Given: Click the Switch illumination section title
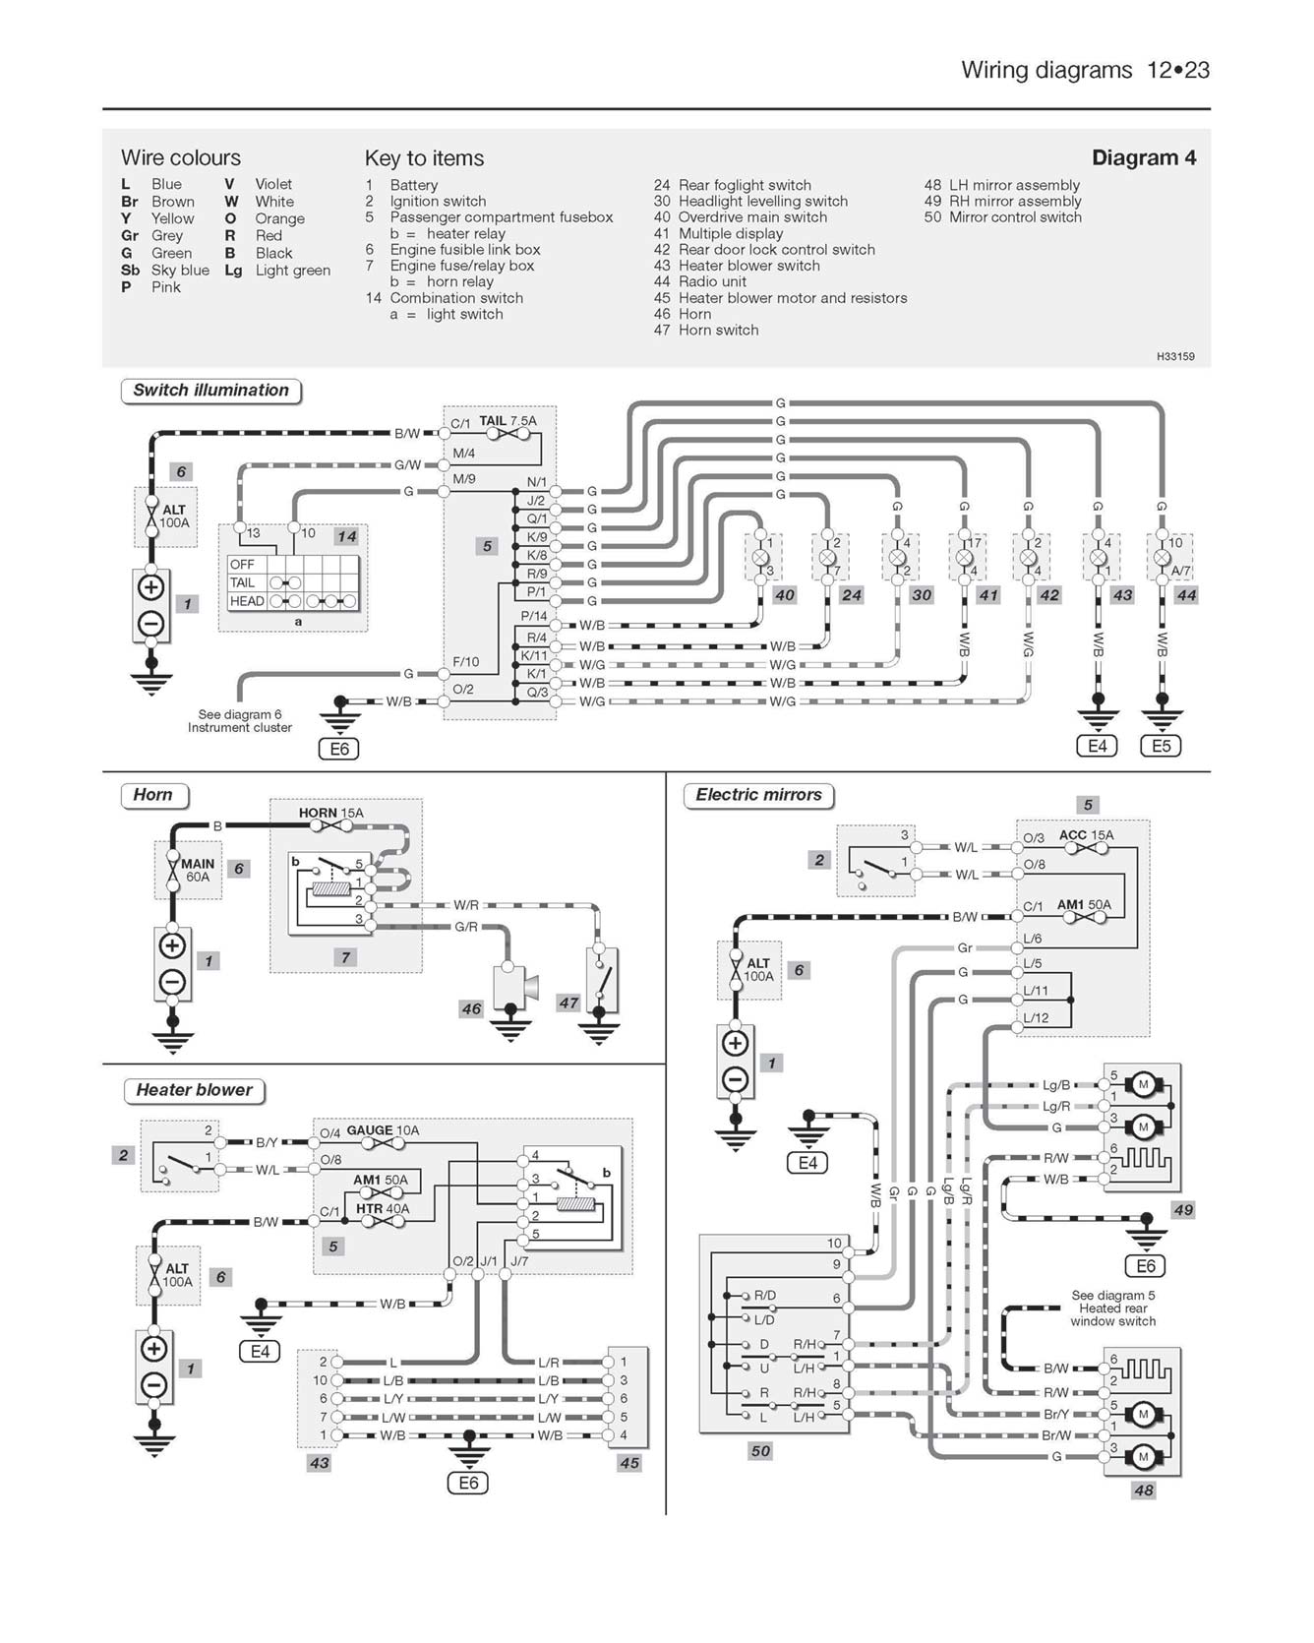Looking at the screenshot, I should coord(210,391).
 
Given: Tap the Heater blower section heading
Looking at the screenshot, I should coord(194,1090).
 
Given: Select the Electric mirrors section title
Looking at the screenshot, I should coord(758,795).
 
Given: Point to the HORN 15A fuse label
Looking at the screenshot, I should coord(330,813).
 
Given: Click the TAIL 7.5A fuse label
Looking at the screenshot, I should coord(508,421).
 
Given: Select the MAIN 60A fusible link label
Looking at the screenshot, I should coord(197,870).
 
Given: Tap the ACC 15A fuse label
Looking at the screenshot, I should coord(1086,835).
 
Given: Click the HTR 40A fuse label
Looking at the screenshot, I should coord(383,1208).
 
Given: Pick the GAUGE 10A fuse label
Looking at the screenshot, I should coord(383,1130).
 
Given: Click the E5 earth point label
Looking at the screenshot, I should coord(1161,746).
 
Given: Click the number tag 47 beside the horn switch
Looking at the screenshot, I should coord(568,1003).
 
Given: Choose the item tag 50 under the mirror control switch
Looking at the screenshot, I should coord(760,1450).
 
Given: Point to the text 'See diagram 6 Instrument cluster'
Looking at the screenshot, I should coord(240,721).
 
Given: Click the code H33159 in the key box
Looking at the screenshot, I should coord(1175,356).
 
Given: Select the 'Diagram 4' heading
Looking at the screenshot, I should coord(1144,157).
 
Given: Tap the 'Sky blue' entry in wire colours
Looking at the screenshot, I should coord(180,270).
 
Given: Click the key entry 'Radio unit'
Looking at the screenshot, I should coord(712,281).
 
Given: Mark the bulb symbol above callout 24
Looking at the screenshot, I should coord(827,557).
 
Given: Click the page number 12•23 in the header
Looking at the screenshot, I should coord(1177,70).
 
